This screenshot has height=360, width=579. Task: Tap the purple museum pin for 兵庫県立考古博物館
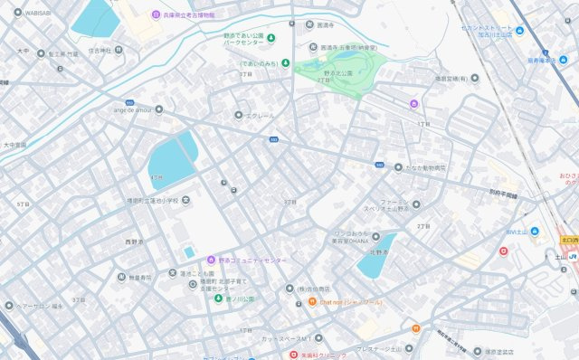(155, 14)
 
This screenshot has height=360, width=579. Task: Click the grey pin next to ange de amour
(158, 109)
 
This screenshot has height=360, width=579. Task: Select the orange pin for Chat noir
(311, 301)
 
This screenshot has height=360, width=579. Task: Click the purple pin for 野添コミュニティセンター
(212, 261)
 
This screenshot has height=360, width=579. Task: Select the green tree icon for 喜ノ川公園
(218, 298)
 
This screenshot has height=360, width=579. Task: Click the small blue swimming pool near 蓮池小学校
(189, 251)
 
